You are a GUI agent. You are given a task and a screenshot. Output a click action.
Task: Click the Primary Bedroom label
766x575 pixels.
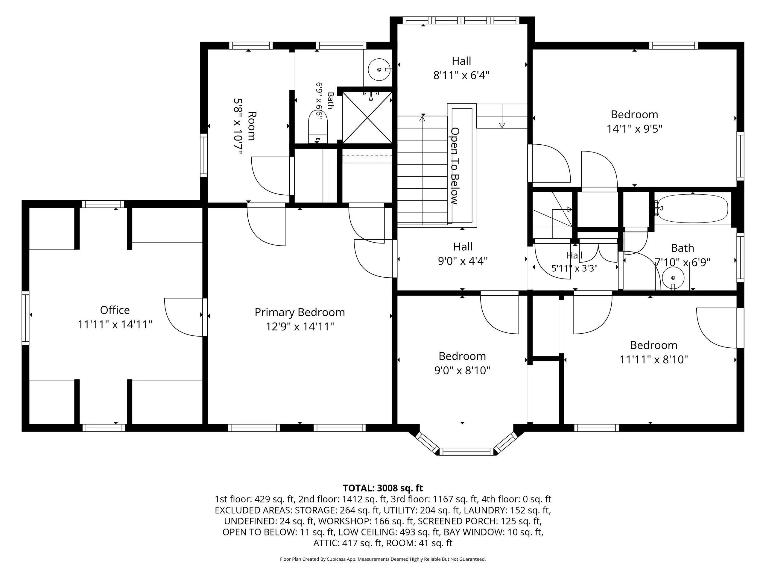click(300, 312)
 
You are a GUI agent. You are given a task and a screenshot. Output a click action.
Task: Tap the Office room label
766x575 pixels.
click(115, 310)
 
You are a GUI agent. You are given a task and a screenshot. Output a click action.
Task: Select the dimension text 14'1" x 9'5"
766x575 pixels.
click(634, 129)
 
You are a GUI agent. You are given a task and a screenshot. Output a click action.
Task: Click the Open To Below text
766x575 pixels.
click(455, 166)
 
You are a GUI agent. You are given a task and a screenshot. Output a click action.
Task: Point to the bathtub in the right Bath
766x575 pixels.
click(693, 208)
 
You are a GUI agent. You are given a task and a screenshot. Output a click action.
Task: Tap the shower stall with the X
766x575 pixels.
click(367, 117)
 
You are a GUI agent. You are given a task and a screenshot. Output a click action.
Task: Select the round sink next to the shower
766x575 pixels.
click(379, 70)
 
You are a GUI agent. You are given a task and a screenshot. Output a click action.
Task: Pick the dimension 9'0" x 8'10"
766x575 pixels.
click(462, 370)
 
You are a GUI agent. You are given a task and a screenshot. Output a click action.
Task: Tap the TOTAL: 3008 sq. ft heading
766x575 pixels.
click(383, 488)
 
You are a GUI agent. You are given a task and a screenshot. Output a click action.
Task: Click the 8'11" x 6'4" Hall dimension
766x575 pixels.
click(461, 75)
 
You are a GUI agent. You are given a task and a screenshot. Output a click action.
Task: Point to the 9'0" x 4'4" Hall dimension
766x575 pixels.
click(463, 261)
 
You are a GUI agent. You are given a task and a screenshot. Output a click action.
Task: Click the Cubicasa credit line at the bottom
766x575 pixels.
click(383, 559)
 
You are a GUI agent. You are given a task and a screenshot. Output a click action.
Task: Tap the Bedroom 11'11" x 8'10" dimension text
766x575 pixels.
click(653, 359)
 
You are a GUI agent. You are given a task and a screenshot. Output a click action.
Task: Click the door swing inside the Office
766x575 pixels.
click(183, 317)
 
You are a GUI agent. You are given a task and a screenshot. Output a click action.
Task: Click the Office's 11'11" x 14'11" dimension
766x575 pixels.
click(115, 325)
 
